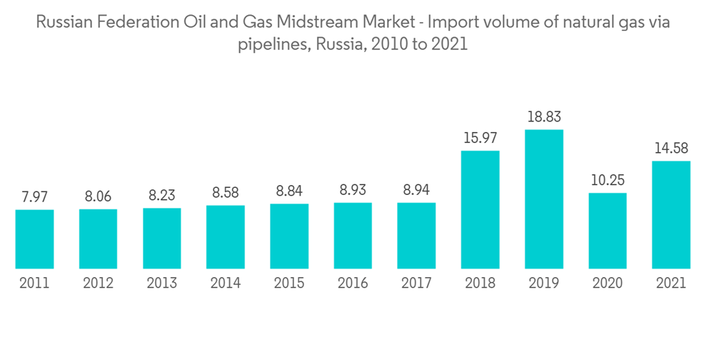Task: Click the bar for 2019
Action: pos(544,199)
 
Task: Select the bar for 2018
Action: pos(481,210)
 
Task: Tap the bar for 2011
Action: pos(34,239)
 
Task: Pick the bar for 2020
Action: pos(608,231)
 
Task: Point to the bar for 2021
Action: pos(671,215)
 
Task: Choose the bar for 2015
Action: pos(289,236)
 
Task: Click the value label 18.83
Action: pos(544,116)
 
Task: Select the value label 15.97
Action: pos(481,136)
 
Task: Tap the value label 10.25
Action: pos(608,179)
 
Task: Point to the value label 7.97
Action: pos(34,196)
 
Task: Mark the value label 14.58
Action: pos(671,147)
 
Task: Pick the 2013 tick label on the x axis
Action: pos(162,284)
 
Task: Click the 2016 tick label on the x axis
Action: pos(353,284)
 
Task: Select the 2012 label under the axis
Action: pos(98,284)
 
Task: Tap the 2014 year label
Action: pos(226,284)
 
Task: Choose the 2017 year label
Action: pos(416,284)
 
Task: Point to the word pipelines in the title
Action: pos(269,45)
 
